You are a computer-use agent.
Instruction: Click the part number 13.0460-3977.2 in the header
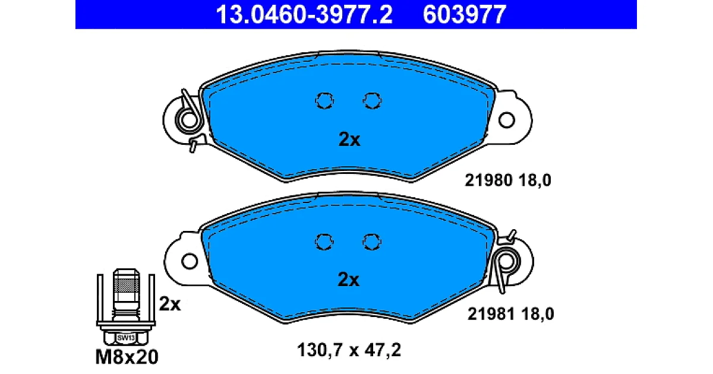point(304,14)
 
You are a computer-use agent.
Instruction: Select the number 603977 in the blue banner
point(465,14)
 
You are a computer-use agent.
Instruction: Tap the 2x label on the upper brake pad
point(349,140)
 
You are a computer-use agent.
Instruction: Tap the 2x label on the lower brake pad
point(348,280)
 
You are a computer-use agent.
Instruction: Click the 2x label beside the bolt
point(170,304)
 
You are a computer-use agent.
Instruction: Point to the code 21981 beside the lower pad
point(491,314)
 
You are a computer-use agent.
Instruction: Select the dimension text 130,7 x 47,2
point(349,350)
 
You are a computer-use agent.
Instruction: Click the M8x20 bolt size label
point(127,357)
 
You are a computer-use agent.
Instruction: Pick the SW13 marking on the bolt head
point(126,338)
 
